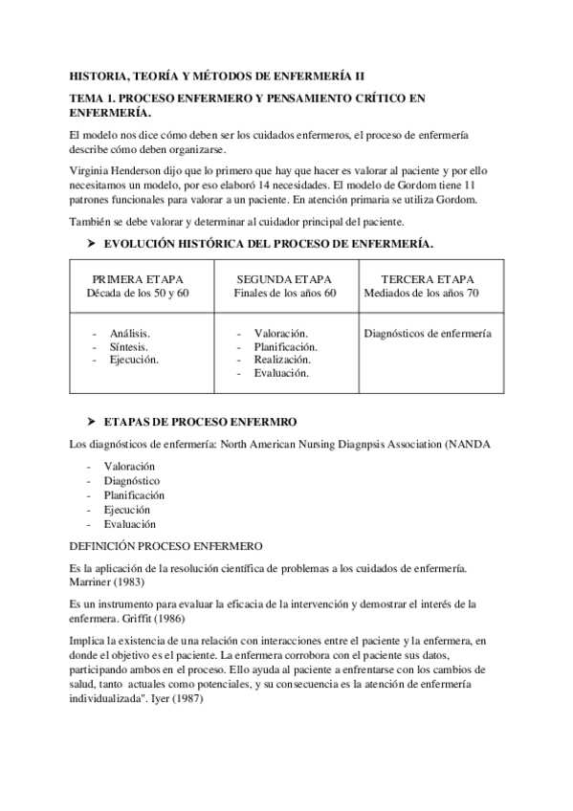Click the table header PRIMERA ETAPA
pyautogui.click(x=139, y=278)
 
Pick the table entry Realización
pyautogui.click(x=282, y=360)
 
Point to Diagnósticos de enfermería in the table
pyautogui.click(x=429, y=333)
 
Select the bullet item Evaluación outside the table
pyautogui.click(x=130, y=523)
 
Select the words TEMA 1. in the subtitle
pyautogui.click(x=95, y=98)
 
